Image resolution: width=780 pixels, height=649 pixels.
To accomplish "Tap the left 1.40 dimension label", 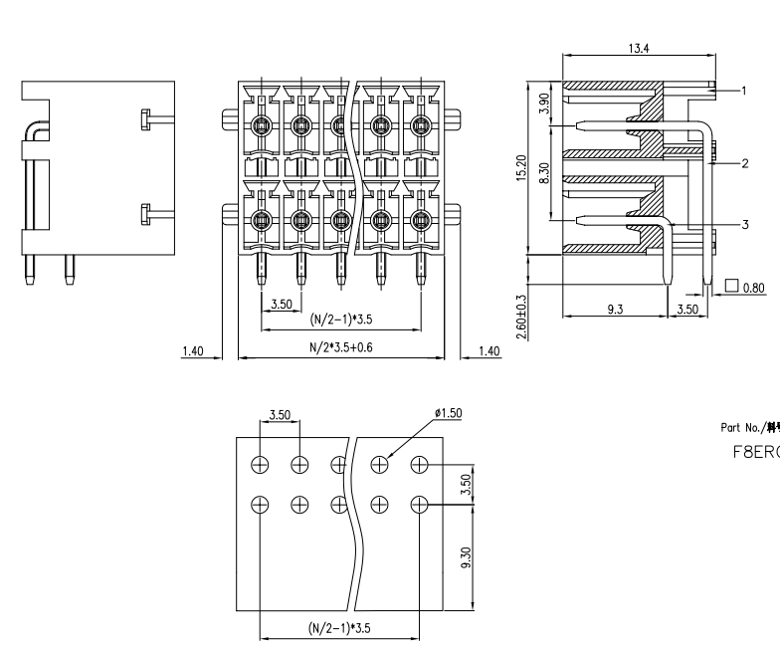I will (194, 350).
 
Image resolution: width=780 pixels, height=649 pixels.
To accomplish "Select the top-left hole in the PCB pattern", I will (260, 464).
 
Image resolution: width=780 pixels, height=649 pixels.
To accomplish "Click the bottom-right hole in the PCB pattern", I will (420, 503).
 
